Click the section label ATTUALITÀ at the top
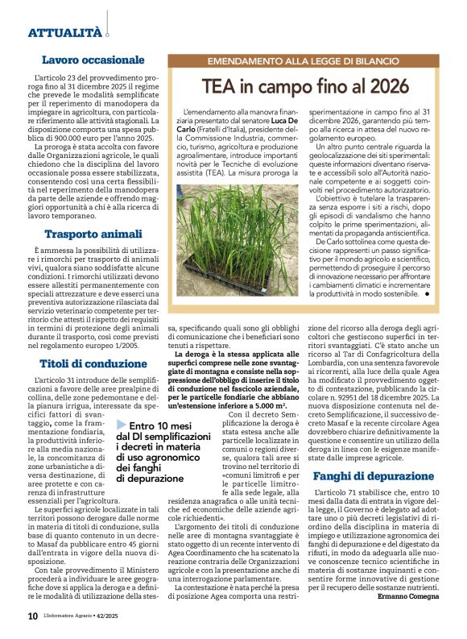tap(64, 33)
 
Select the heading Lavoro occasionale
tap(93, 60)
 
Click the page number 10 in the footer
tap(32, 615)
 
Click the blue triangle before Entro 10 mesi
tap(121, 425)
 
